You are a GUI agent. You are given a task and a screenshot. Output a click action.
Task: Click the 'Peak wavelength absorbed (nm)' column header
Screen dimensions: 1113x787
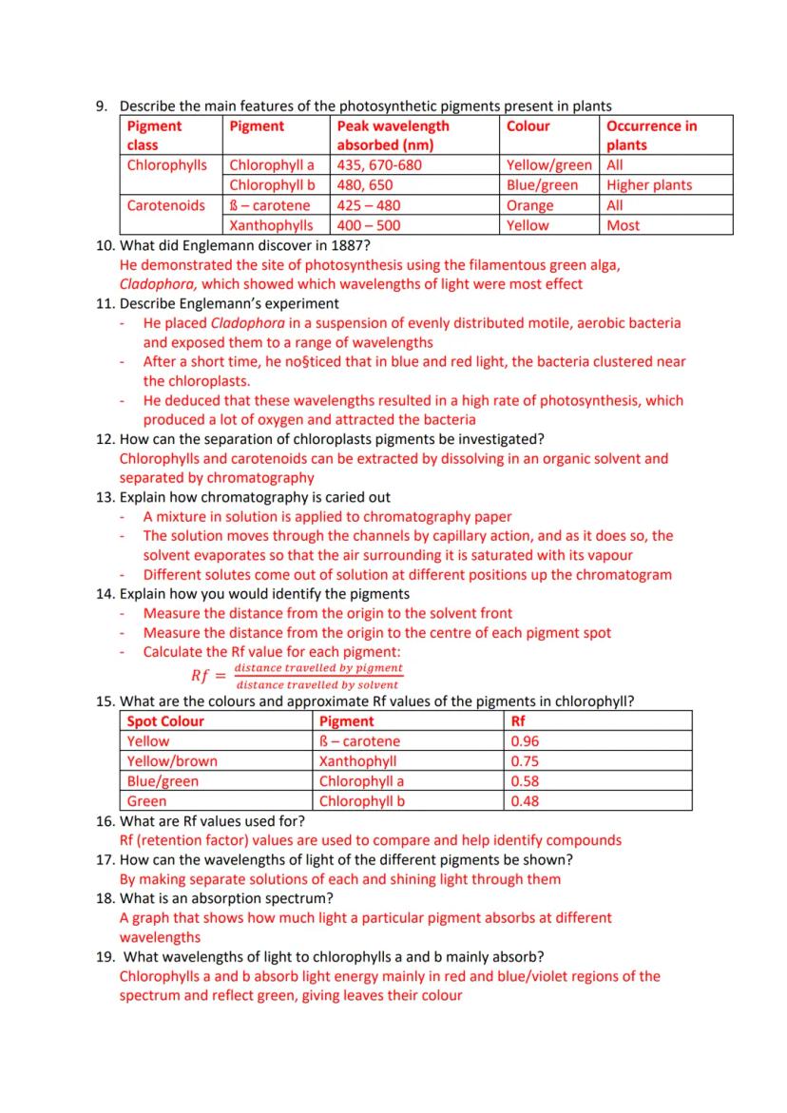click(393, 135)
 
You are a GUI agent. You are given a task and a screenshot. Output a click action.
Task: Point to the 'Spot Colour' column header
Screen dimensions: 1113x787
click(165, 721)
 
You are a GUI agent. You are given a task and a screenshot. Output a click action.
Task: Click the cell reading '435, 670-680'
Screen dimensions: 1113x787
click(379, 165)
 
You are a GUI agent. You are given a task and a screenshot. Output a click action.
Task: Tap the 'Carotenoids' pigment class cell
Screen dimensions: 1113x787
click(165, 205)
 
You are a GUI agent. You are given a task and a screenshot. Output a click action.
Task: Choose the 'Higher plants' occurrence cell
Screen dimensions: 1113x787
click(649, 185)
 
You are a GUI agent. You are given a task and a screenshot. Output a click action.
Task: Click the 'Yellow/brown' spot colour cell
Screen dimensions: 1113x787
click(172, 761)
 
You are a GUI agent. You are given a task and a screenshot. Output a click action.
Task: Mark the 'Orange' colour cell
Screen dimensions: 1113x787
click(530, 205)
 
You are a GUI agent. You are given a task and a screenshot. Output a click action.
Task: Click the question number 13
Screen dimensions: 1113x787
click(106, 497)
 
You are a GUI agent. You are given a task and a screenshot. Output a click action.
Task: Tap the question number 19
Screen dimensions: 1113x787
click(106, 956)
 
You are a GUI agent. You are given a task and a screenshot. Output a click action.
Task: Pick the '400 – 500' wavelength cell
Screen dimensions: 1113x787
click(369, 225)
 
